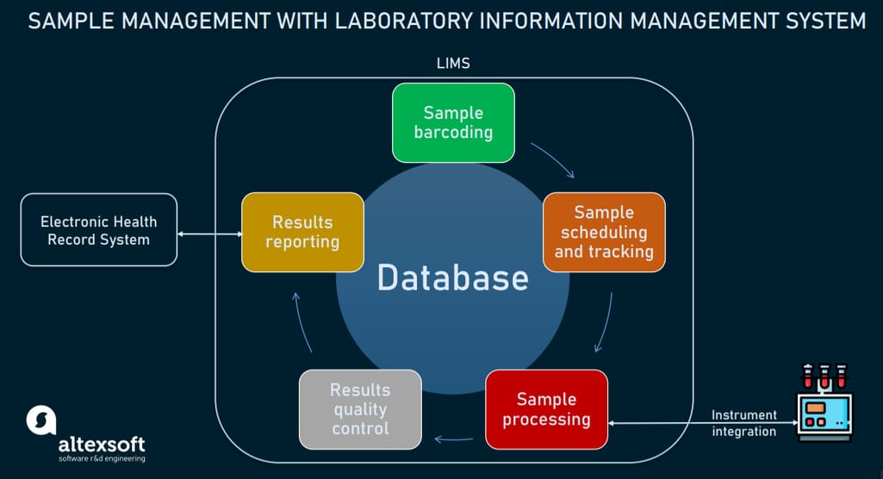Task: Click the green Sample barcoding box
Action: tap(453, 122)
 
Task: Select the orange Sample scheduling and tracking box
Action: tap(604, 232)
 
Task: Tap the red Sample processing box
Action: tap(546, 409)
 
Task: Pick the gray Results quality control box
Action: tap(360, 409)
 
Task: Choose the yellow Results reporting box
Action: tap(302, 232)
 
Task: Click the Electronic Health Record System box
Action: tap(98, 230)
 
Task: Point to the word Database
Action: tap(453, 277)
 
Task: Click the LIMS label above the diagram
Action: tap(453, 63)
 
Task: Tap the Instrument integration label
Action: tap(744, 423)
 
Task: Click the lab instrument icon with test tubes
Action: tap(824, 401)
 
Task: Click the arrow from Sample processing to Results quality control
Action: tap(454, 439)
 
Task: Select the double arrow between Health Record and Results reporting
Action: tap(209, 234)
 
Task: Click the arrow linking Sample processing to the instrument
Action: tap(703, 423)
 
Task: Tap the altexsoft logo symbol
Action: tap(41, 420)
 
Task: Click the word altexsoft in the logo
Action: tap(102, 445)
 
